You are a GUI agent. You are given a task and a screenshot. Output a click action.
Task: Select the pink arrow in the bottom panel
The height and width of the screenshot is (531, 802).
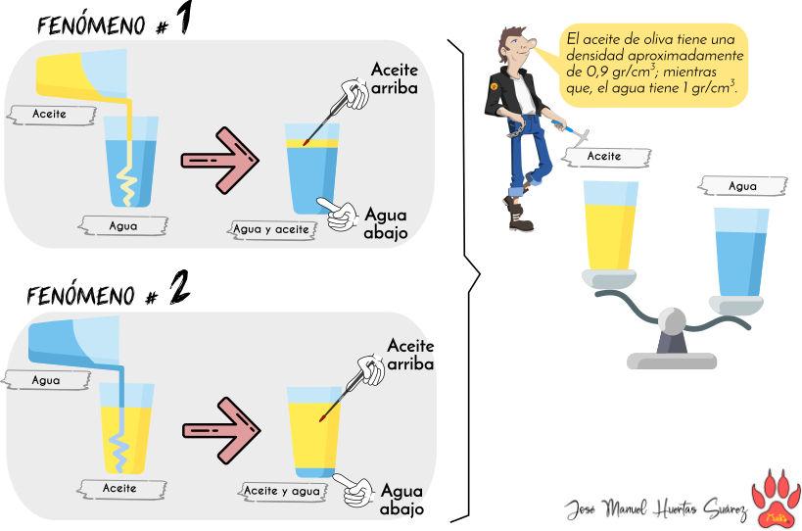pyautogui.click(x=220, y=429)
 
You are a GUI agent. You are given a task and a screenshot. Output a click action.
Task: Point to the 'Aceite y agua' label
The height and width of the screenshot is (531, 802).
pyautogui.click(x=282, y=491)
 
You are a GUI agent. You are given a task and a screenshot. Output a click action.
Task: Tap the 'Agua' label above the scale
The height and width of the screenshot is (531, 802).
pyautogui.click(x=742, y=186)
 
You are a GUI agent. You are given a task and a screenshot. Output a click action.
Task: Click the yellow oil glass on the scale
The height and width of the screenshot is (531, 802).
pyautogui.click(x=610, y=227)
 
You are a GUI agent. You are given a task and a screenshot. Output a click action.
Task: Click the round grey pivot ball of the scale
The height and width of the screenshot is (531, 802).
pyautogui.click(x=672, y=321)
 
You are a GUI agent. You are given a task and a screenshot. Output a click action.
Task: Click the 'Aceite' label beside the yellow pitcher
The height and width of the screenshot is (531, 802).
pyautogui.click(x=49, y=114)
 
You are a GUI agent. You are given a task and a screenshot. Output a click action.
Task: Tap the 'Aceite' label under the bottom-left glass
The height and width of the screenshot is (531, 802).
pyautogui.click(x=119, y=487)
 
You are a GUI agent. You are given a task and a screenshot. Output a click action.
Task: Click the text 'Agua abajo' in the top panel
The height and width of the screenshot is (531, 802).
pyautogui.click(x=386, y=223)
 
